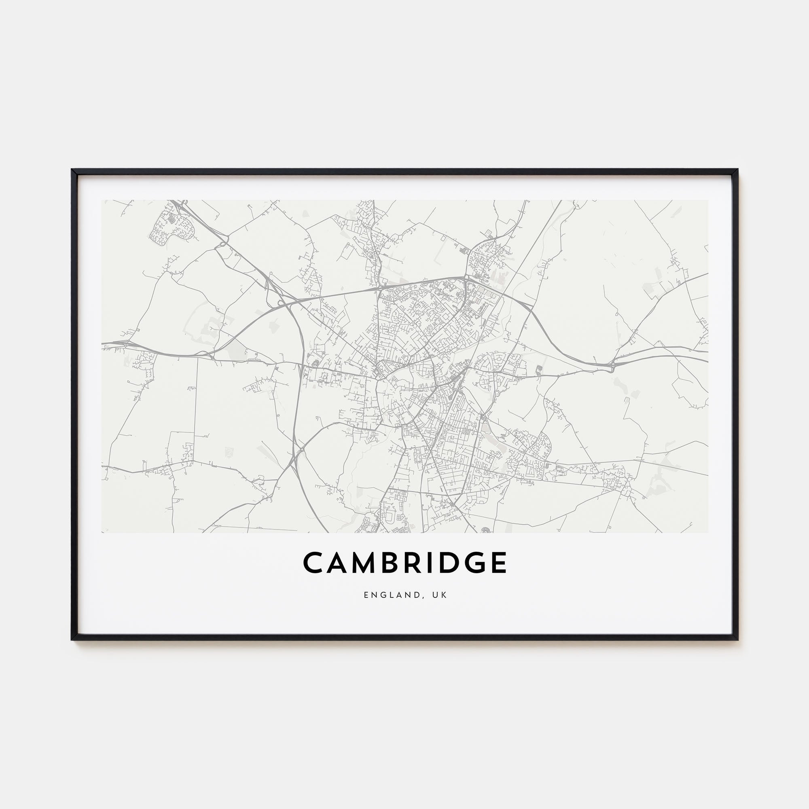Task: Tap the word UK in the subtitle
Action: click(x=441, y=595)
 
